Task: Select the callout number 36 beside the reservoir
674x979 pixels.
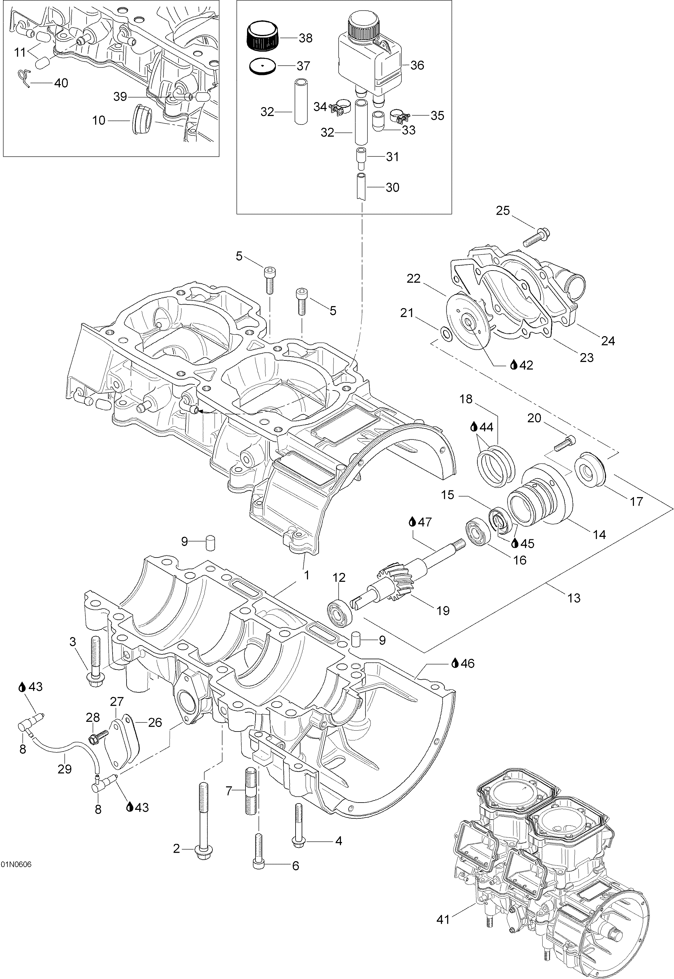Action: click(x=417, y=66)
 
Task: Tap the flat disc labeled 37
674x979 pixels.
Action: click(x=262, y=66)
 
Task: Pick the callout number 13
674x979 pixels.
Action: click(x=574, y=598)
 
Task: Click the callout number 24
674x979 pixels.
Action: click(x=608, y=341)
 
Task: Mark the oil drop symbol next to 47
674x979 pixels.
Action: click(x=413, y=522)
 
